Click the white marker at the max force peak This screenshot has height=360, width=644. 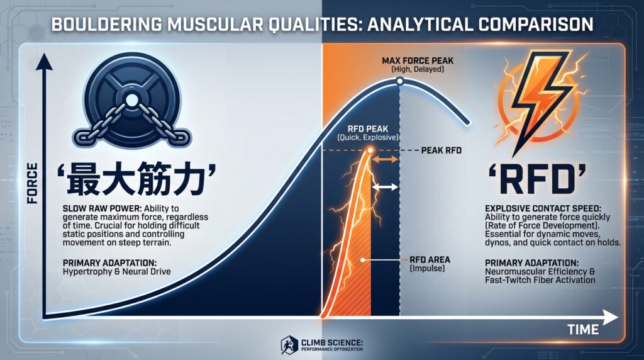coord(399,82)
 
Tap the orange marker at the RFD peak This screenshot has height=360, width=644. coord(370,150)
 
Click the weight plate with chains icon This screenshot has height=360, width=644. coord(131,100)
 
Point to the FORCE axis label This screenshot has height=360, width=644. coord(33,183)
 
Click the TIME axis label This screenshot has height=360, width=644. coord(583,329)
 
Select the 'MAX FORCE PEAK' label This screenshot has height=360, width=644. coord(418,61)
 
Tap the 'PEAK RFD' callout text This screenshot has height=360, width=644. coord(441,150)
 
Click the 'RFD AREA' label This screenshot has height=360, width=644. coord(430,260)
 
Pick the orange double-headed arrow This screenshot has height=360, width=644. coord(385,159)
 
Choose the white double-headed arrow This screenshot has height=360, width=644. coord(385,188)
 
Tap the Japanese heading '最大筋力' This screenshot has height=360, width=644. coord(136,178)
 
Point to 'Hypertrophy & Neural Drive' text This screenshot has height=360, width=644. coord(116,271)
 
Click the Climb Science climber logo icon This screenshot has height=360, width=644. coord(289,345)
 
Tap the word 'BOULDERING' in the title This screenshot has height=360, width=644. coord(106,25)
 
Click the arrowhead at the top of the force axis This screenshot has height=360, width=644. coord(44,62)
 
